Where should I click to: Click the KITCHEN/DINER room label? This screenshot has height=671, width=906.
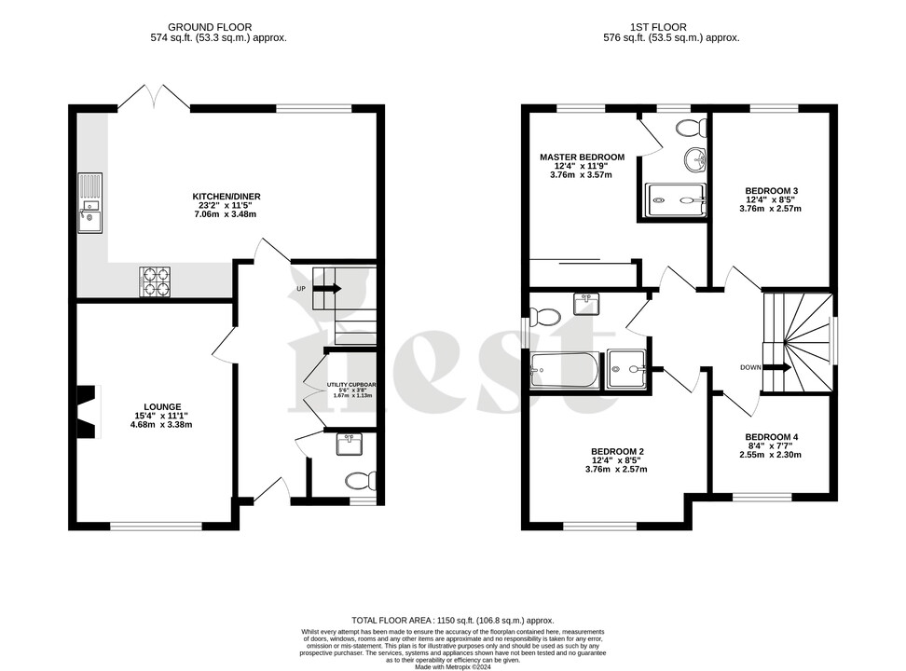pyautogui.click(x=226, y=197)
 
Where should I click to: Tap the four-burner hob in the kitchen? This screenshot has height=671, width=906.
pyautogui.click(x=156, y=280)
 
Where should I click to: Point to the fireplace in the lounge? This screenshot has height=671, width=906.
pyautogui.click(x=87, y=411)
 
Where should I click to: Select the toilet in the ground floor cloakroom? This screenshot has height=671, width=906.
pyautogui.click(x=358, y=481)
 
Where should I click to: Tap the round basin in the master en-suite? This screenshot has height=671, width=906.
pyautogui.click(x=693, y=161)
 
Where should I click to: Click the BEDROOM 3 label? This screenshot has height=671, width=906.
pyautogui.click(x=771, y=190)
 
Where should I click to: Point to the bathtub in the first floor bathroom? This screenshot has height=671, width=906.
pyautogui.click(x=564, y=371)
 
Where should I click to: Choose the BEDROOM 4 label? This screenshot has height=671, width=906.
pyautogui.click(x=771, y=437)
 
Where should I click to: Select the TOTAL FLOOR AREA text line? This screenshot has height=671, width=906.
pyautogui.click(x=452, y=620)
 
